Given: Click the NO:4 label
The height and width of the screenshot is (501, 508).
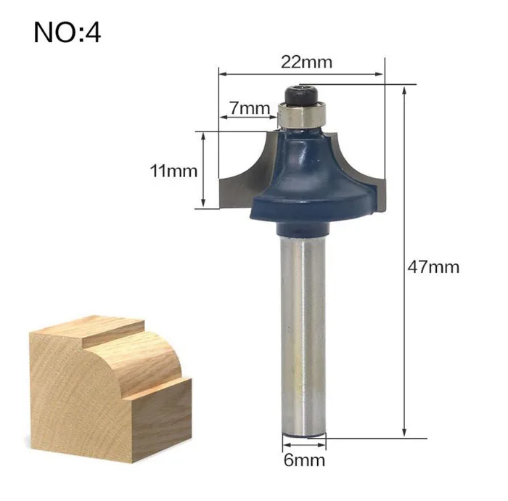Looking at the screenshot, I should click(x=67, y=33).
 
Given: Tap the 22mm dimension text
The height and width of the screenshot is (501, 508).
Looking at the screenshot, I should click(x=307, y=62).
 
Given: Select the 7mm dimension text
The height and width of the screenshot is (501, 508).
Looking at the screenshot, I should click(x=249, y=108).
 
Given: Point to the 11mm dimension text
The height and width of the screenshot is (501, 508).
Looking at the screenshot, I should click(x=173, y=171).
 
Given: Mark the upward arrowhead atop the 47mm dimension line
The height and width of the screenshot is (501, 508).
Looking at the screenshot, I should click(x=404, y=89).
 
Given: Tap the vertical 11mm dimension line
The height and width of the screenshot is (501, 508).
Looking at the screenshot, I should click(x=205, y=171).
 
